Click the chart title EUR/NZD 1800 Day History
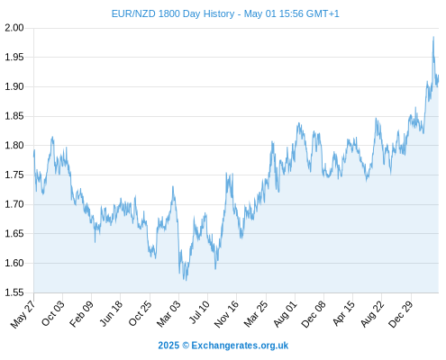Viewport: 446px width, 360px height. coord(173,13)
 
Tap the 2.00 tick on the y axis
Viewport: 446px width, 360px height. coord(14,28)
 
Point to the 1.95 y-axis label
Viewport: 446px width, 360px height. coord(14,57)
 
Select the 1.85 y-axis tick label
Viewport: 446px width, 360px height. coord(14,116)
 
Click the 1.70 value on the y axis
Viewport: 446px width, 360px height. coord(14,204)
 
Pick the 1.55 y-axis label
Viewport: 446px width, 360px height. coord(14,292)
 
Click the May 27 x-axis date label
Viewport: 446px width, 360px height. coord(23,314)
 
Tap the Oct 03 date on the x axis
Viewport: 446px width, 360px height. coord(52,313)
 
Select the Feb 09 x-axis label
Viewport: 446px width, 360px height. coord(81,313)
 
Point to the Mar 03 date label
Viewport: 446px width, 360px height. coord(168,313)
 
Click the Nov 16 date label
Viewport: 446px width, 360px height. coord(226,314)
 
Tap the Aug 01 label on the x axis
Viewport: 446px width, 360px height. coord(285,313)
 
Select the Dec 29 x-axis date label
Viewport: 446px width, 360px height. coord(401,314)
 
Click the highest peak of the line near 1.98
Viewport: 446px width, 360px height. coord(433,37)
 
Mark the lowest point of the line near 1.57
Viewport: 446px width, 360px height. coord(187,280)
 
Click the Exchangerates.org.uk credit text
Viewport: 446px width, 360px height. coord(240,346)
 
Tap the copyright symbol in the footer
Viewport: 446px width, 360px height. coord(186,346)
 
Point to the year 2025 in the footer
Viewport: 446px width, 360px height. coord(168,346)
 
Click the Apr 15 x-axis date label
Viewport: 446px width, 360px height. coord(343,313)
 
